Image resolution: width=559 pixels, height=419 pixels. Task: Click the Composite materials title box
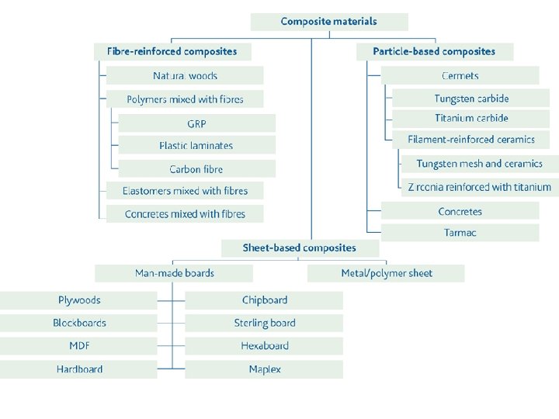click(328, 22)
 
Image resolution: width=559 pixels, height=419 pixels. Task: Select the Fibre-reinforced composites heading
click(172, 52)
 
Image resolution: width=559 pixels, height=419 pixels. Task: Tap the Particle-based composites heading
click(434, 52)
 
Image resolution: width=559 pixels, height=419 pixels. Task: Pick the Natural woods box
click(185, 76)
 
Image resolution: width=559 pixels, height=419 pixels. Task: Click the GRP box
click(196, 124)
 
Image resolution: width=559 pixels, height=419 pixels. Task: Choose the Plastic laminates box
click(196, 146)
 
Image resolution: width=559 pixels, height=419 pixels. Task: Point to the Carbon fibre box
click(196, 169)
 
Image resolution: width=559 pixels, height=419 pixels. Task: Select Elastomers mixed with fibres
click(185, 191)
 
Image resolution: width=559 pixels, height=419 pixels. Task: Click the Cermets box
click(460, 76)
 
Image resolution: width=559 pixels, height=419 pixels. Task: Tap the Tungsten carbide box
click(471, 99)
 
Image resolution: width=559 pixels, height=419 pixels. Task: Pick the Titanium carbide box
click(471, 119)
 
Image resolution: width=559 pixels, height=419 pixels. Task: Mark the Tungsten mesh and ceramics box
click(478, 164)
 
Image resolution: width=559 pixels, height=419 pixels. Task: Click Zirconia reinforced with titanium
click(478, 187)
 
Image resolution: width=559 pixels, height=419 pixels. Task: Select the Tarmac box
click(460, 233)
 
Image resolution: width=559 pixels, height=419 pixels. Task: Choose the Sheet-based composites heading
click(300, 248)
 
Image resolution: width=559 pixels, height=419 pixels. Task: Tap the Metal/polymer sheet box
click(386, 273)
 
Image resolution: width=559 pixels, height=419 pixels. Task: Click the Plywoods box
click(79, 300)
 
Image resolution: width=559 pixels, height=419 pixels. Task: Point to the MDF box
click(79, 346)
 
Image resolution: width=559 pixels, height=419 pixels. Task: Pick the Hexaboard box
click(264, 346)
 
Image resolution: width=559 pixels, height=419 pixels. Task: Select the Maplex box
click(264, 369)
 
